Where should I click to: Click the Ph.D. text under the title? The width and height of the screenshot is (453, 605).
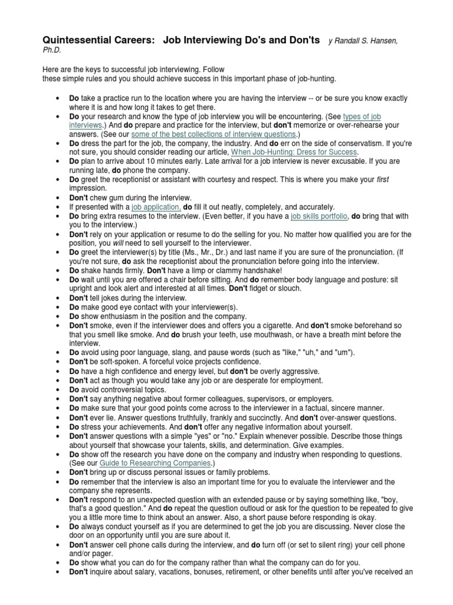[x=52, y=51]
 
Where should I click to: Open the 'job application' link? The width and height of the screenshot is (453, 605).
[x=156, y=207]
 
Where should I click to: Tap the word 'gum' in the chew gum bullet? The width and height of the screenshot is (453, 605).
[x=117, y=198]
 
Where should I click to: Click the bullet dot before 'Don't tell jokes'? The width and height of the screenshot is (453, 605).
[x=56, y=298]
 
